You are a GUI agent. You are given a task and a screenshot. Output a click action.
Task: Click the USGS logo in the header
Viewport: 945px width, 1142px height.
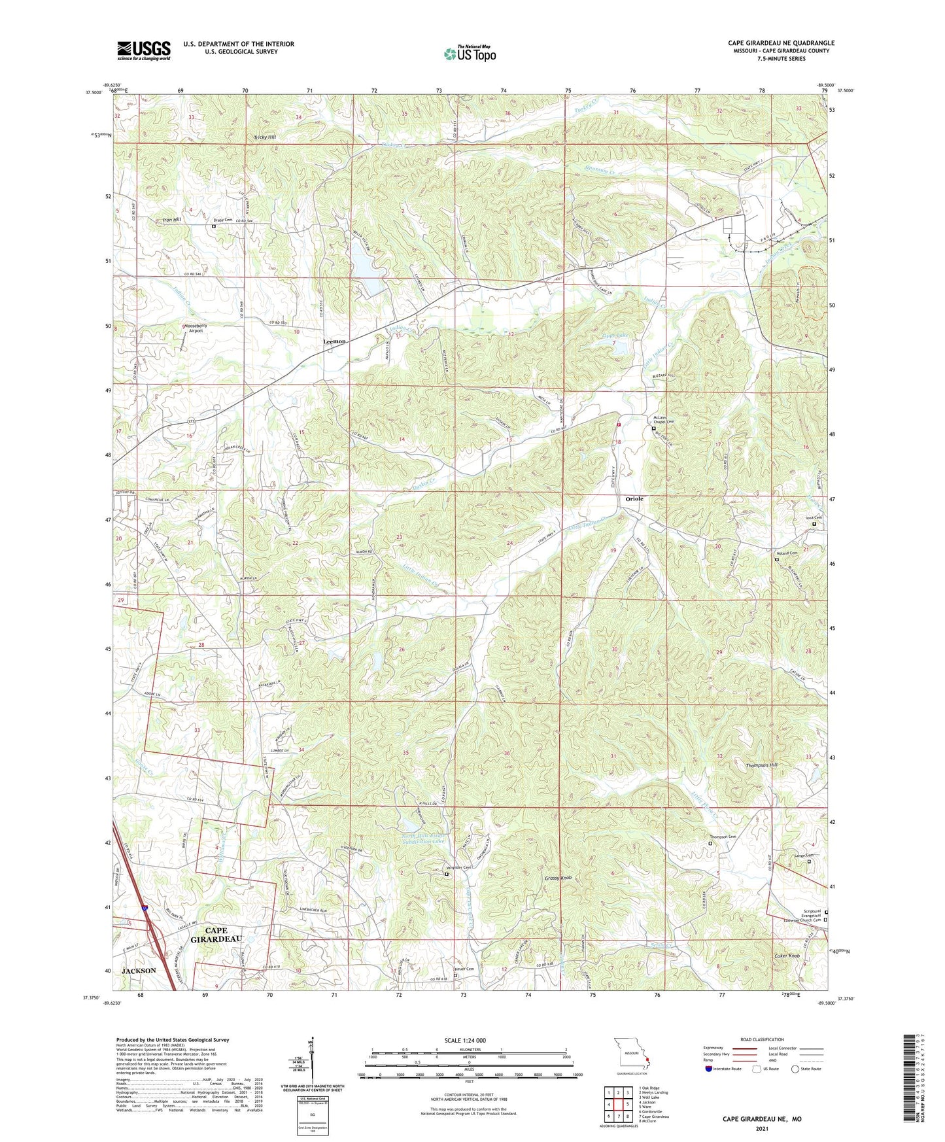pyautogui.click(x=144, y=50)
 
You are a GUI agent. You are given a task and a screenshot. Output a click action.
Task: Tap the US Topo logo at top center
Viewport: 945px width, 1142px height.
pyautogui.click(x=469, y=54)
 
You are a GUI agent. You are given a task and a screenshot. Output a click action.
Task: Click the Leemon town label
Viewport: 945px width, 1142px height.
pyautogui.click(x=334, y=341)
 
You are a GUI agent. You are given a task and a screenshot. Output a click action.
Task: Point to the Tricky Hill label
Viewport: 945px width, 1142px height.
pyautogui.click(x=265, y=137)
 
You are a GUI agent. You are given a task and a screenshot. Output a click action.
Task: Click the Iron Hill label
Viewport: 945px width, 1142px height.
pyautogui.click(x=172, y=220)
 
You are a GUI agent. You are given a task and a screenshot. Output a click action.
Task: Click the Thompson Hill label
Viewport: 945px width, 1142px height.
pyautogui.click(x=762, y=765)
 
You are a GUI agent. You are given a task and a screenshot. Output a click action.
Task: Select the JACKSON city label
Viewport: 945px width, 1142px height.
pyautogui.click(x=139, y=971)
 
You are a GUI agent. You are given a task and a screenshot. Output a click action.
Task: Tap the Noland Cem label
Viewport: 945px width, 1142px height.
pyautogui.click(x=787, y=553)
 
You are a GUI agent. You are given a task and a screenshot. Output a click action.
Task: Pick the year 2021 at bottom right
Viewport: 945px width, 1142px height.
pyautogui.click(x=761, y=1128)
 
